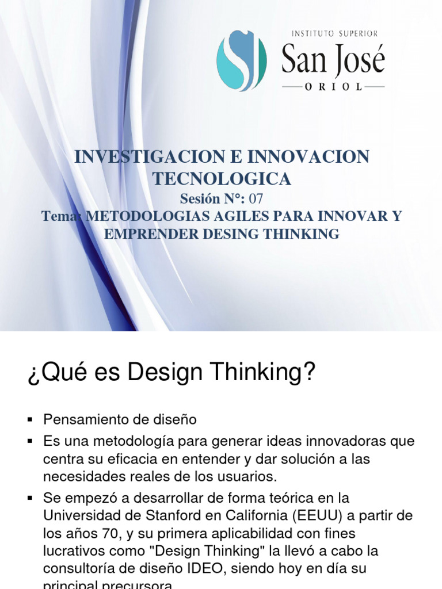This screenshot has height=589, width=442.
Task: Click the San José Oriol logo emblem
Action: pyautogui.click(x=241, y=60)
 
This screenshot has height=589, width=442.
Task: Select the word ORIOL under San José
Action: pyautogui.click(x=333, y=87)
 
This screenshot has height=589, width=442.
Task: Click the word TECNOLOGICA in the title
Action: pyautogui.click(x=222, y=179)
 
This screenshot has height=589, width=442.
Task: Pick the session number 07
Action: pyautogui.click(x=256, y=199)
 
